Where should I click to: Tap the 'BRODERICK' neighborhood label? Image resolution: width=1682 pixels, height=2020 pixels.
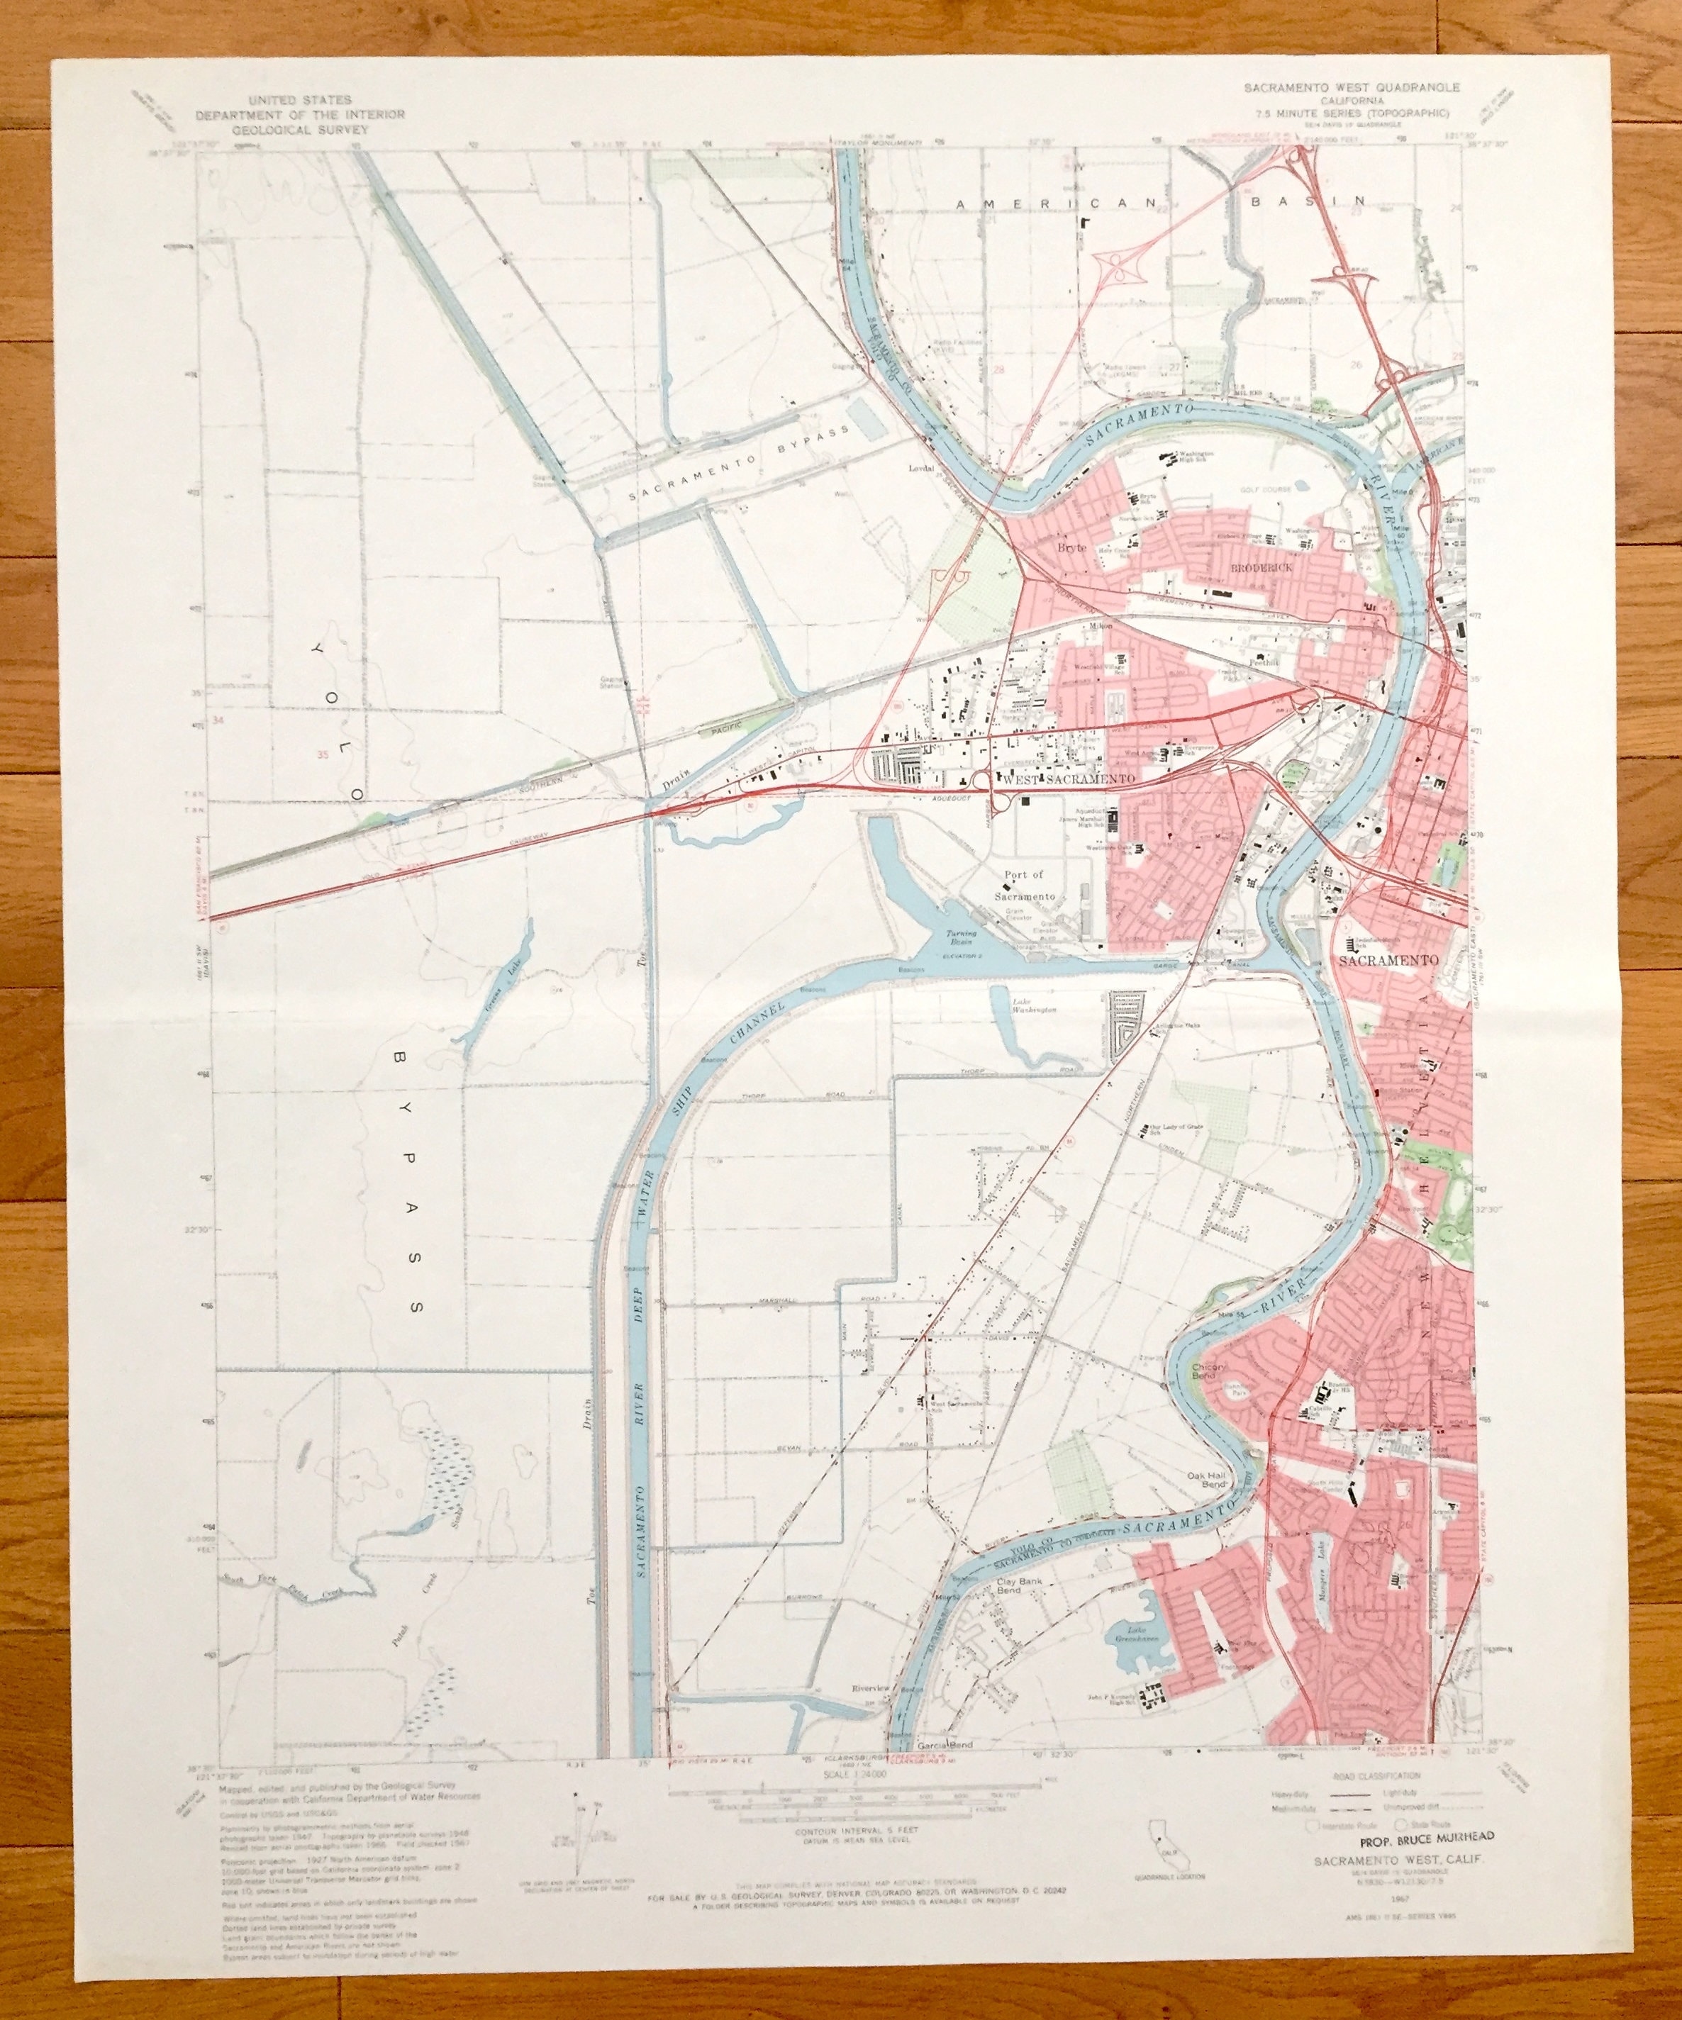(x=1261, y=569)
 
